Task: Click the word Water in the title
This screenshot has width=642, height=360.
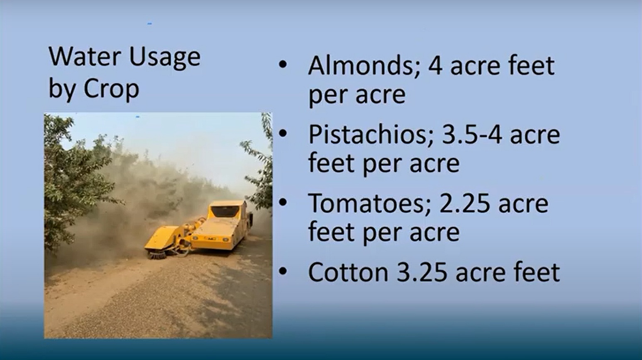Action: point(85,57)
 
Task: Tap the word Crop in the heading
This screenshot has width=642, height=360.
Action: point(111,89)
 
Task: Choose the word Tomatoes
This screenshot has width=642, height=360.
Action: point(370,203)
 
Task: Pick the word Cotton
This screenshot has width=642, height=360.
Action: point(348,272)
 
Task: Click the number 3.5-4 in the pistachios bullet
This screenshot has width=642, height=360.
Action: point(472,135)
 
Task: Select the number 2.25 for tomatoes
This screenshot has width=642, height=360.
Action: point(465,203)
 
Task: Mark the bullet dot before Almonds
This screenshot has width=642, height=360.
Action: point(283,64)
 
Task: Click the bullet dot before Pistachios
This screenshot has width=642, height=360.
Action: point(283,133)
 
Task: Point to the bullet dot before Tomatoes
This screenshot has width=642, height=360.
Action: point(283,202)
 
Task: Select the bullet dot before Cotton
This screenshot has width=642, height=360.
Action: point(283,271)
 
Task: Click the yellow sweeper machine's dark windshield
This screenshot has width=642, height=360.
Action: point(225,211)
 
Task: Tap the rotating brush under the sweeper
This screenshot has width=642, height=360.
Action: point(156,255)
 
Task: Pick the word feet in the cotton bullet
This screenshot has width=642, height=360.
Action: point(536,272)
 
